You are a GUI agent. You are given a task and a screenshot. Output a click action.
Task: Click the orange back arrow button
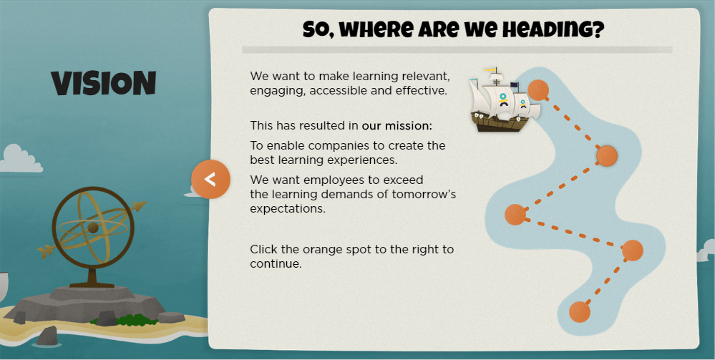[x=210, y=179]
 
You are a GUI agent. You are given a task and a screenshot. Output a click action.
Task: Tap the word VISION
[x=104, y=84]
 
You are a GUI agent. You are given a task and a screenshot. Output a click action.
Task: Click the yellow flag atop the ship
[x=490, y=70]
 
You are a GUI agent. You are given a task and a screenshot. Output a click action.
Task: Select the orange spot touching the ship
[x=538, y=90]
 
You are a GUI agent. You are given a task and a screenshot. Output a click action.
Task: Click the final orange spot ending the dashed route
[x=579, y=311]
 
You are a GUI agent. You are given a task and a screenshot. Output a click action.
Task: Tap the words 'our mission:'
[x=397, y=126]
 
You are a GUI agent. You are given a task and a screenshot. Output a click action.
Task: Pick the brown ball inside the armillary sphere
[x=92, y=228]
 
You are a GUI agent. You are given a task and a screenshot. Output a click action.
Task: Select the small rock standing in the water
[x=49, y=335]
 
